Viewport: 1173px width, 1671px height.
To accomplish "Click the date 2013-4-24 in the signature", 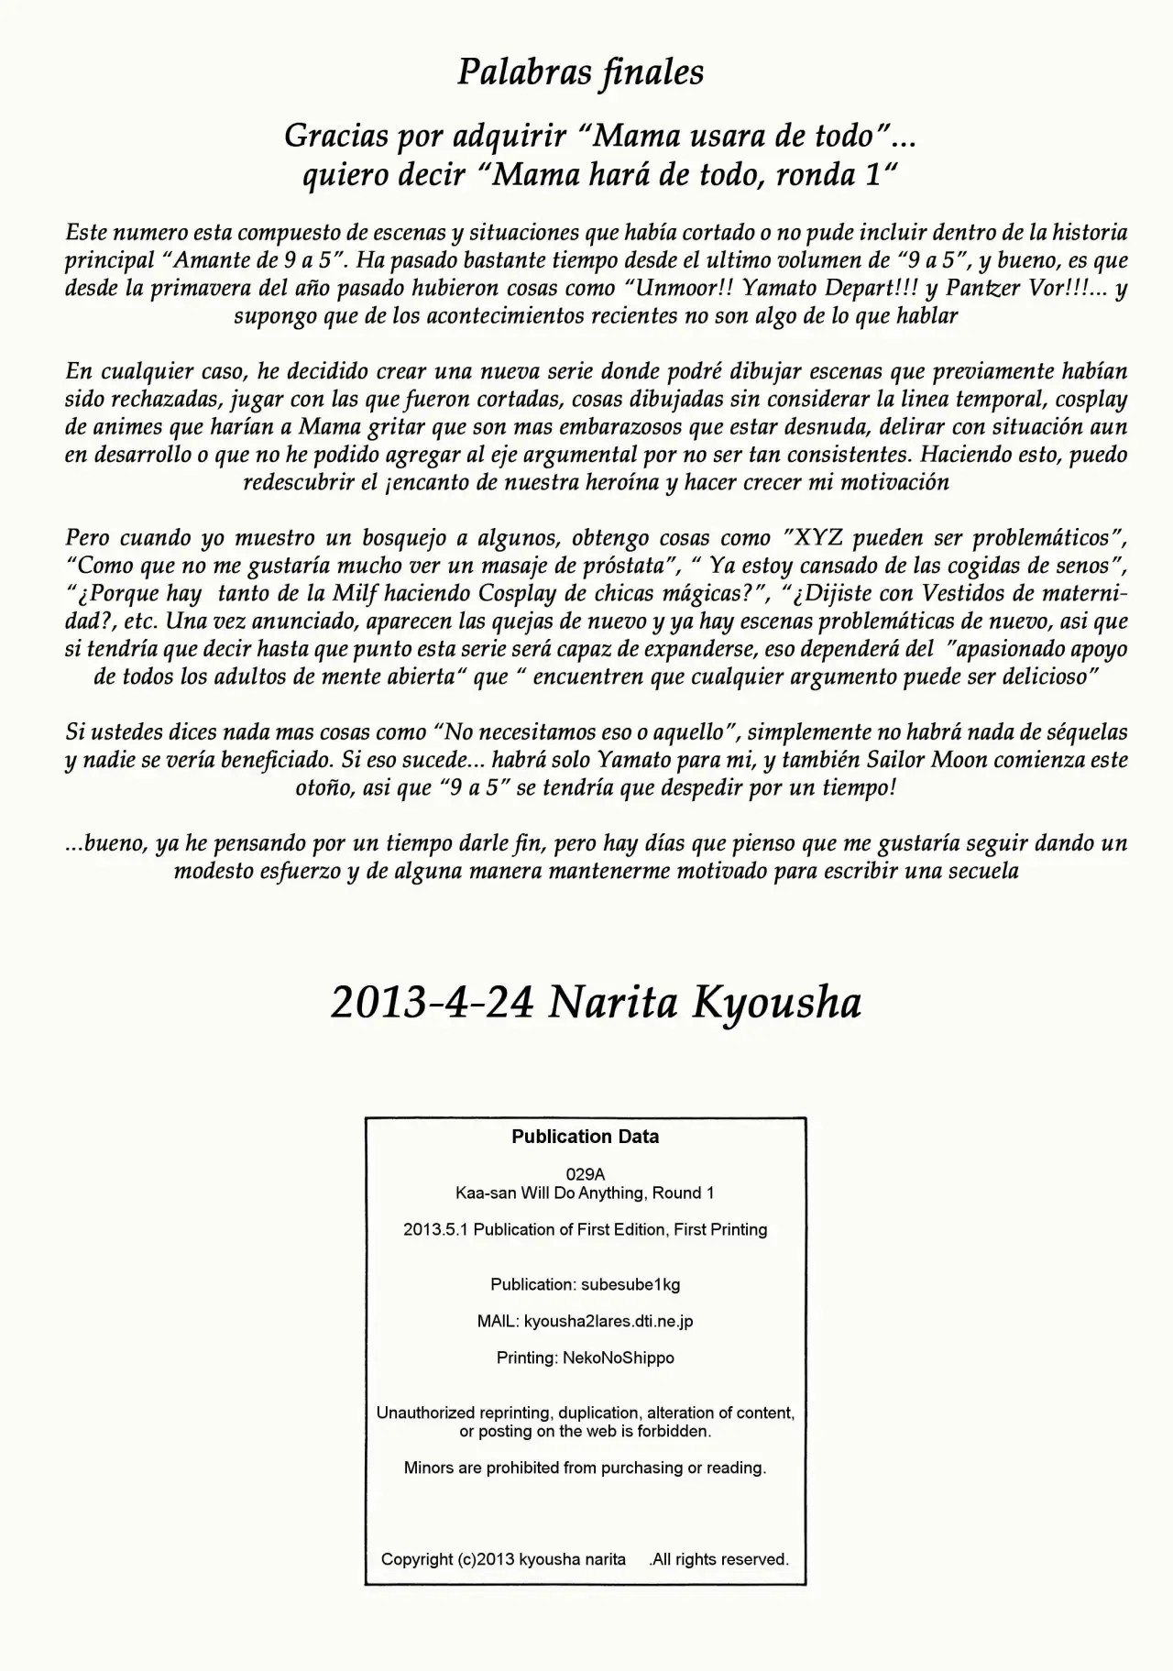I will click(x=432, y=1004).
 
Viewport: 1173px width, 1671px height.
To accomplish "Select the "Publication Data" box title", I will click(x=585, y=1137).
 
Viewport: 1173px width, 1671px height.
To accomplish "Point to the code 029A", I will click(x=586, y=1174).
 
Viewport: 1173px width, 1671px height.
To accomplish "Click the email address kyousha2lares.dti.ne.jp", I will click(x=608, y=1321).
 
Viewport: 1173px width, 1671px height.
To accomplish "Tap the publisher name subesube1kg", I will click(x=630, y=1284).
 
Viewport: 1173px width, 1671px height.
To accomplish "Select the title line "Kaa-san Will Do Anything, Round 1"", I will click(x=585, y=1193).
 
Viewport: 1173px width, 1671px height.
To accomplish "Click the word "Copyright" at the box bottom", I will click(x=417, y=1559).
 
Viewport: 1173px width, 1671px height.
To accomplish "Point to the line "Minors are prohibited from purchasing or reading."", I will click(x=585, y=1468).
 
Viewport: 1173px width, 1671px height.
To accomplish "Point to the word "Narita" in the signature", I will click(x=612, y=1004).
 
